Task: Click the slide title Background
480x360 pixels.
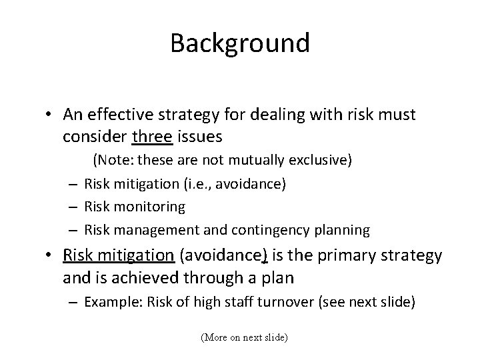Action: tap(240, 43)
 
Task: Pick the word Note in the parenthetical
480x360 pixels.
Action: tap(113, 161)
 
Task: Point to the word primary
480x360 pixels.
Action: tap(353, 256)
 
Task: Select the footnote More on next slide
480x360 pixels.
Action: tap(244, 338)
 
